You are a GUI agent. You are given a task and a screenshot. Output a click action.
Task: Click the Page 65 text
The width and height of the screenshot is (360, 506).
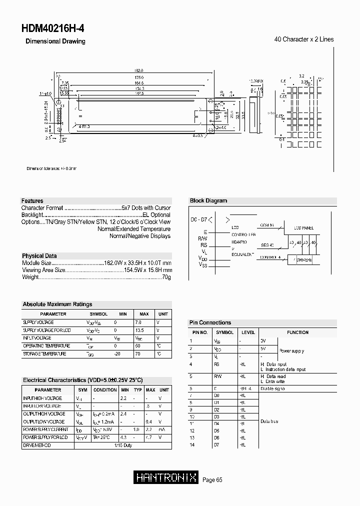212,480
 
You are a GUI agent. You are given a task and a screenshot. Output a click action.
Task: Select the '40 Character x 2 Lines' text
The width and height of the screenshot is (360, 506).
304,39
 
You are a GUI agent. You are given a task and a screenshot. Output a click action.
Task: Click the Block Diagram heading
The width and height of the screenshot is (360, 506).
208,200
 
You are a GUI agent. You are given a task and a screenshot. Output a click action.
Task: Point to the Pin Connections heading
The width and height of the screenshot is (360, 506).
210,322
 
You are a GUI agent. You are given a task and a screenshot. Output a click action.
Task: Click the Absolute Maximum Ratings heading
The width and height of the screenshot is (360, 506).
57,304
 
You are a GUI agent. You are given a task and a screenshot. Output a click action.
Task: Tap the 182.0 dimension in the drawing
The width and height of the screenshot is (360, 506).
139,71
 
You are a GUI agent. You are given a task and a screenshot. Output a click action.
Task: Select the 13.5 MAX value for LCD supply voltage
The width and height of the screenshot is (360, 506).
140,330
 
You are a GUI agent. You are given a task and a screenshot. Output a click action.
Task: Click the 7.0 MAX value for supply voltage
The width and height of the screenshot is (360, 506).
138,322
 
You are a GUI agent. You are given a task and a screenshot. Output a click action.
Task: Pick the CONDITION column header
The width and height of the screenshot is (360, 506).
105,389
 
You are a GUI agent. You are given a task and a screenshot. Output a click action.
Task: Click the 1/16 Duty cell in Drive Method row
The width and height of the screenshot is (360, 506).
123,445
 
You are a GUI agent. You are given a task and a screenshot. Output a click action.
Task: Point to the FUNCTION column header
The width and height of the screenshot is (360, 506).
297,332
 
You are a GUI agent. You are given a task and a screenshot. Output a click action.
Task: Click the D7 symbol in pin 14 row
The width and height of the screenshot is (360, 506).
216,444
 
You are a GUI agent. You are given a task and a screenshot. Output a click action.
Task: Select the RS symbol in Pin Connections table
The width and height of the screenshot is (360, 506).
217,364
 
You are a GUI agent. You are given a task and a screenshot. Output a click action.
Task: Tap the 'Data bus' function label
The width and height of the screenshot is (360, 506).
269,421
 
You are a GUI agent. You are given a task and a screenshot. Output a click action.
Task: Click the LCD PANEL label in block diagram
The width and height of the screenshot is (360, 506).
303,228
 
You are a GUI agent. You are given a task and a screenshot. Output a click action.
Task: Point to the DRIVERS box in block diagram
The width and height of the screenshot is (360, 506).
304,260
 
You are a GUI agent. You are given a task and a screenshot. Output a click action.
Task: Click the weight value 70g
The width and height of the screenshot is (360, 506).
167,277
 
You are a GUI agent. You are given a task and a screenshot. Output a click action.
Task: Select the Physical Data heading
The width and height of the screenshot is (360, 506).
40,255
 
